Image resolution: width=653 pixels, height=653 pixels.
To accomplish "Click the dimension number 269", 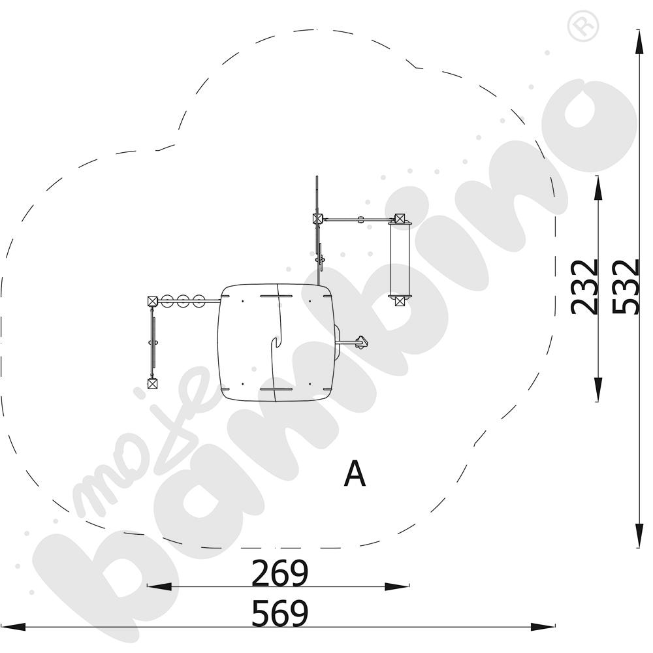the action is (279, 573).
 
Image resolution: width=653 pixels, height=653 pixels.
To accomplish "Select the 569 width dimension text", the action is (279, 613).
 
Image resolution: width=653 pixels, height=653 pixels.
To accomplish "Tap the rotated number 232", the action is (584, 287).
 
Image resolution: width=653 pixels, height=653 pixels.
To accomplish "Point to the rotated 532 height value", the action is (626, 287).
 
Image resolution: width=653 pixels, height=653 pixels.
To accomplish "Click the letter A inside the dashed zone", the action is (355, 473).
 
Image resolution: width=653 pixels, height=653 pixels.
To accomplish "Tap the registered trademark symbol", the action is (582, 26).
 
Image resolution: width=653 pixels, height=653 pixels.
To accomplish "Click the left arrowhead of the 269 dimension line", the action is (159, 587).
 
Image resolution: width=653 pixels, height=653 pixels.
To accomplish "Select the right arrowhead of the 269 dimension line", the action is (397, 587).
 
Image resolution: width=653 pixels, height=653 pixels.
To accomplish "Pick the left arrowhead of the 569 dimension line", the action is (13, 627).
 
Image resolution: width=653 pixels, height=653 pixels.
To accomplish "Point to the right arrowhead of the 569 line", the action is (543, 627).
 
